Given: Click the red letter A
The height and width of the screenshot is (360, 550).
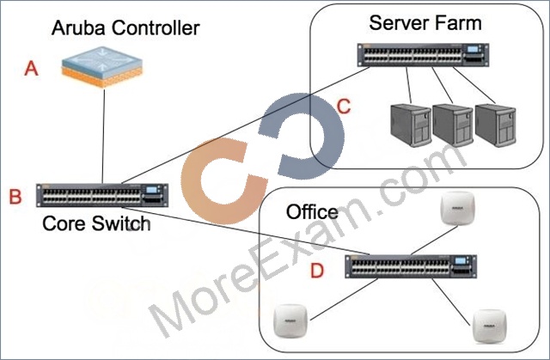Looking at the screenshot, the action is [31, 68].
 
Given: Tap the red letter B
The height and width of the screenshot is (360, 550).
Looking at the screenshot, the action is [15, 196].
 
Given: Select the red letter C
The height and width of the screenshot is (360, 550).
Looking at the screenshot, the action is [344, 107].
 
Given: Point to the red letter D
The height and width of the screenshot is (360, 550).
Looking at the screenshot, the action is [317, 271].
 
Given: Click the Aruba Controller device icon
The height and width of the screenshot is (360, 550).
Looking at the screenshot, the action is [102, 67].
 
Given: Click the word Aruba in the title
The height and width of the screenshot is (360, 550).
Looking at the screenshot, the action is [78, 28].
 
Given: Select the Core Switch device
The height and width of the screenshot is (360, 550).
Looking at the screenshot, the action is [102, 195].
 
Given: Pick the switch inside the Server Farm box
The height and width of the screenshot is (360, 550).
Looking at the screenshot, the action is [423, 55].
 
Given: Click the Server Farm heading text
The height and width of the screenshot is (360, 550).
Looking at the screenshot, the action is [425, 23].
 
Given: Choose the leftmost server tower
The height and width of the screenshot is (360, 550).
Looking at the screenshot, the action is [411, 125].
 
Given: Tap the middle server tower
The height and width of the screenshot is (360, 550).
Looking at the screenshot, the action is [453, 125].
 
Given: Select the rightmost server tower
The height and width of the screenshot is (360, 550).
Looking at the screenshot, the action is [495, 125].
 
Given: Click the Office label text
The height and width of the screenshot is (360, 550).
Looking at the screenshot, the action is [312, 211].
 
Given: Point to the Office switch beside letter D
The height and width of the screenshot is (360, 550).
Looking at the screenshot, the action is [411, 266].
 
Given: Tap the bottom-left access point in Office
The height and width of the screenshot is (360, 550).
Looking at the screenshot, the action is [290, 321].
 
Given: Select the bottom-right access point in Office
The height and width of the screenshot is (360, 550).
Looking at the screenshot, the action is [489, 326].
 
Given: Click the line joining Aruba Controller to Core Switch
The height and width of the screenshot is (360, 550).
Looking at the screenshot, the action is [103, 136].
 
